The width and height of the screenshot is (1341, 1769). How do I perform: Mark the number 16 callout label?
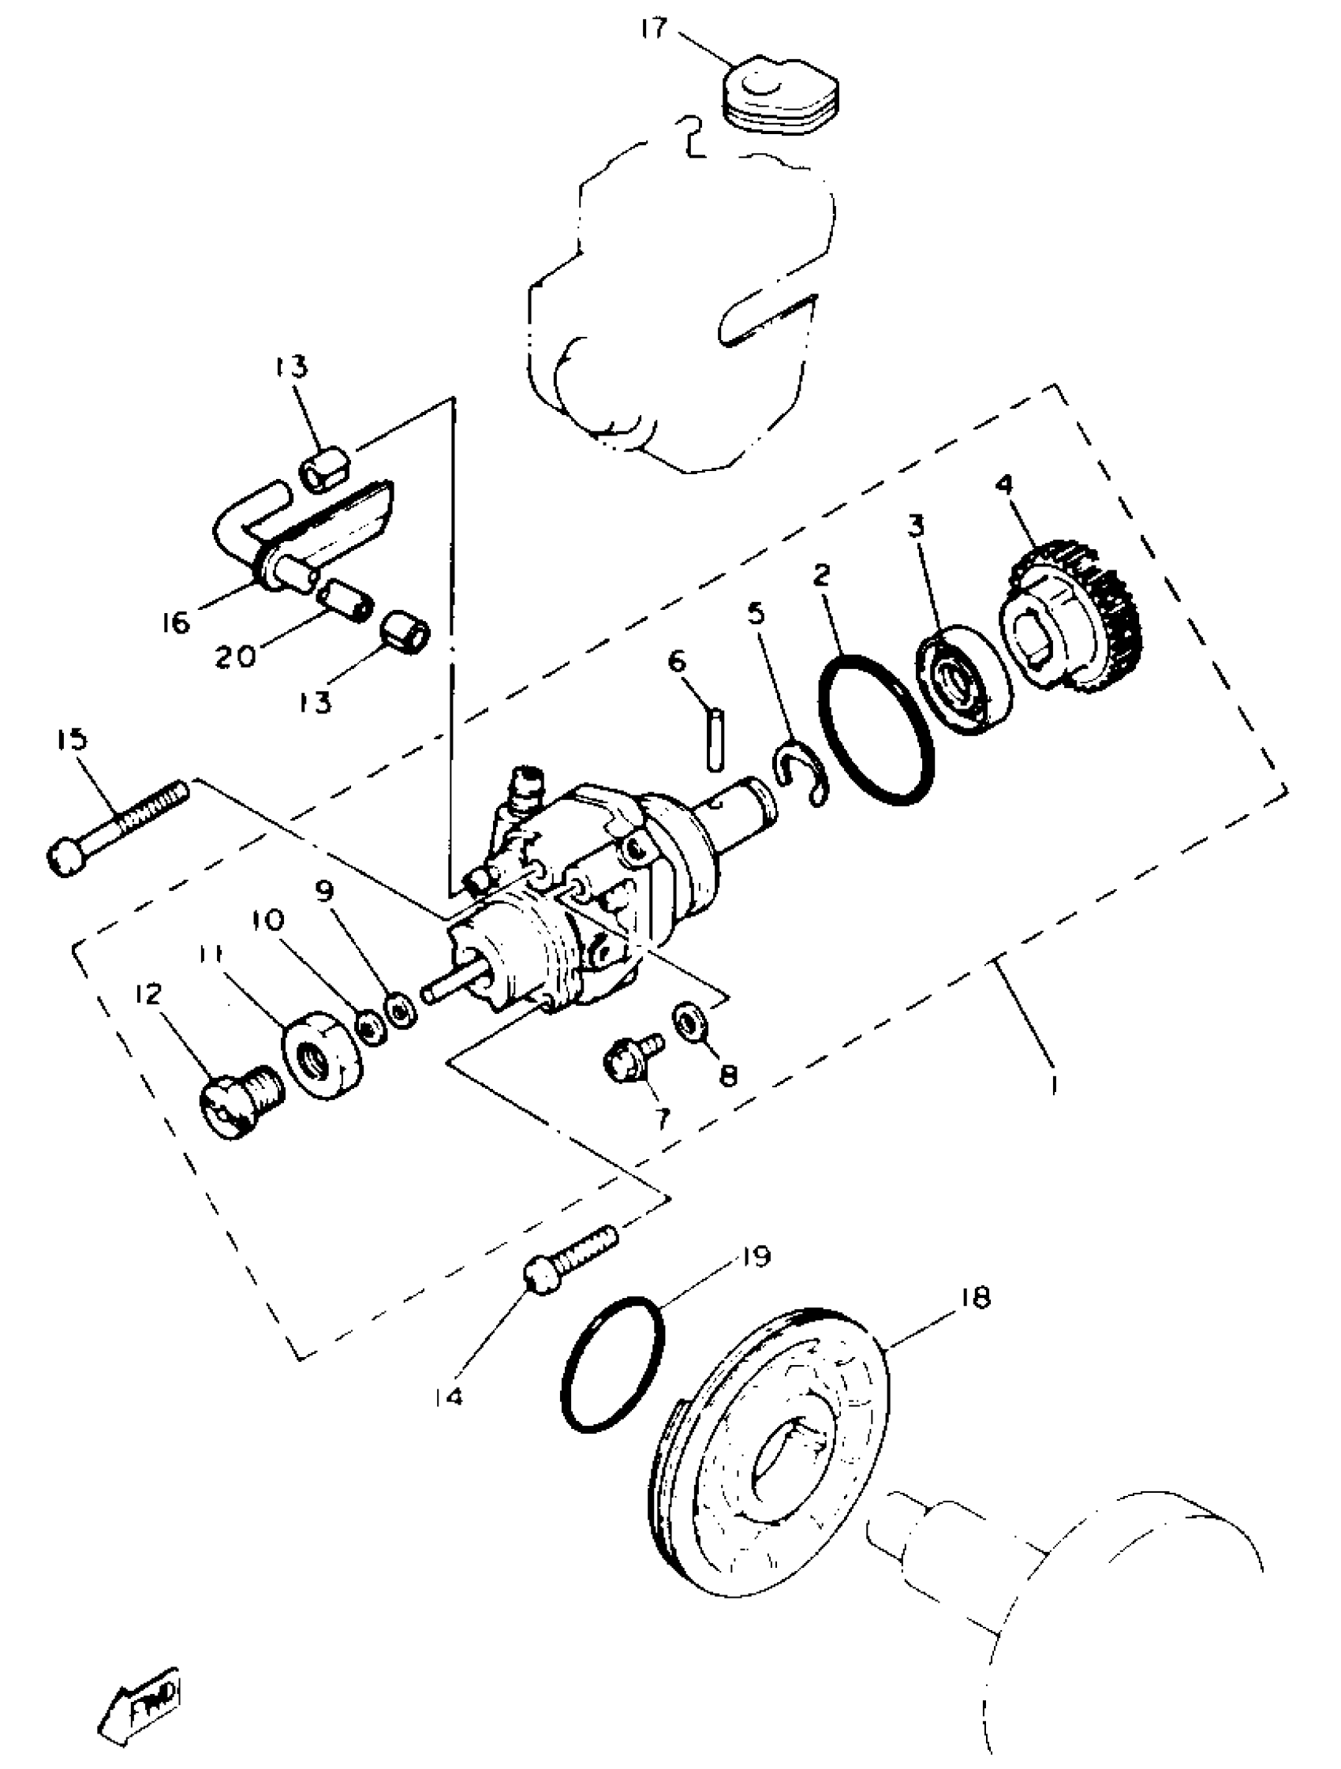[x=176, y=622]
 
